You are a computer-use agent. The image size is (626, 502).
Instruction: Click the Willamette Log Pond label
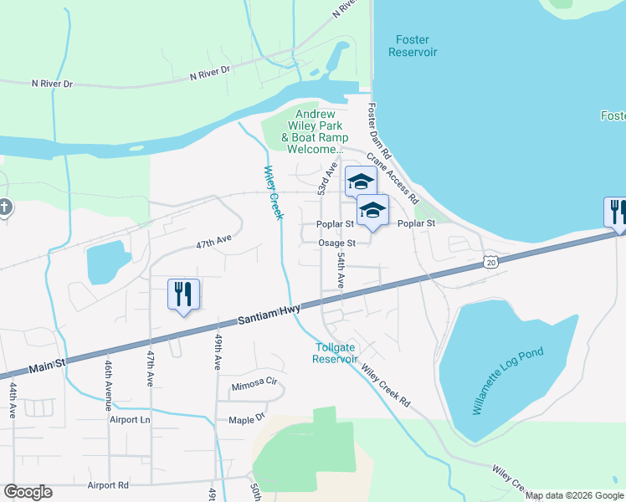(x=508, y=381)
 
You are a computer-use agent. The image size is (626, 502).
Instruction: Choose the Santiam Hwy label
(x=268, y=315)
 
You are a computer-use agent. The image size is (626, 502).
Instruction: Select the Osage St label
(x=336, y=243)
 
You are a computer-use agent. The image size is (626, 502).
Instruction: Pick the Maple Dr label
(x=246, y=417)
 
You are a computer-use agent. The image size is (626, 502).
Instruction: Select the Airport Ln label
(x=130, y=420)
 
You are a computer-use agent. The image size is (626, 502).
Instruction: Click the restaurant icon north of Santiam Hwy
(x=183, y=295)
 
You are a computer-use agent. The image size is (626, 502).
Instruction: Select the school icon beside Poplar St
(x=372, y=211)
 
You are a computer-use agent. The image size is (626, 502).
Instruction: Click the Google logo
(x=28, y=492)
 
